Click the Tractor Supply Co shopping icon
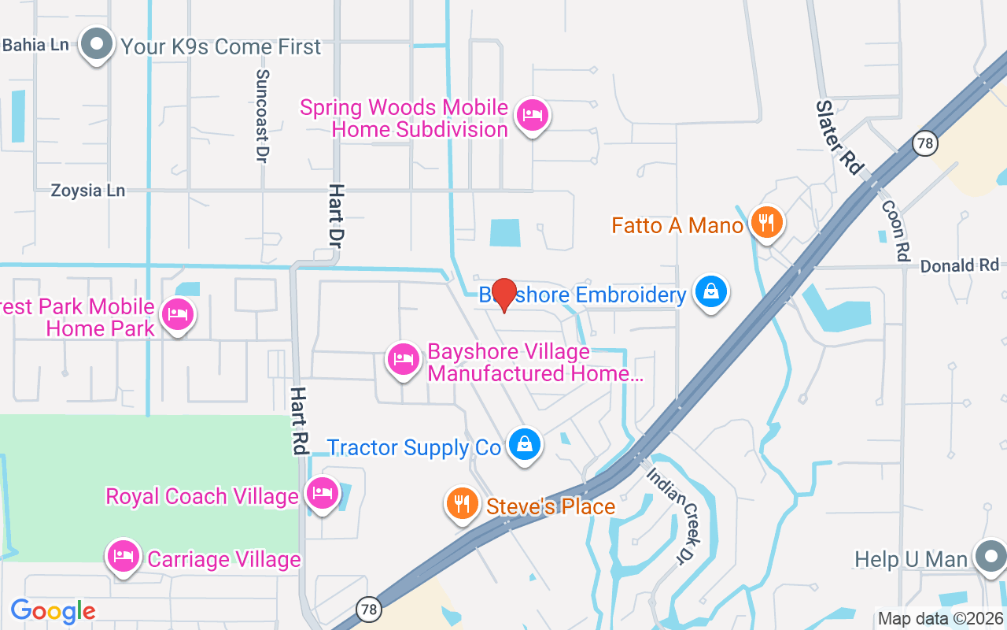[524, 444]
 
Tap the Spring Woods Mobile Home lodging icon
[533, 116]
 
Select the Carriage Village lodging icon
[123, 557]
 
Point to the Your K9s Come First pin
[97, 44]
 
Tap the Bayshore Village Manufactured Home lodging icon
[404, 359]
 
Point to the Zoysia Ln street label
[88, 191]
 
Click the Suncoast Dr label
[263, 116]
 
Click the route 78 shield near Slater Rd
[925, 143]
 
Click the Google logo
[53, 610]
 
